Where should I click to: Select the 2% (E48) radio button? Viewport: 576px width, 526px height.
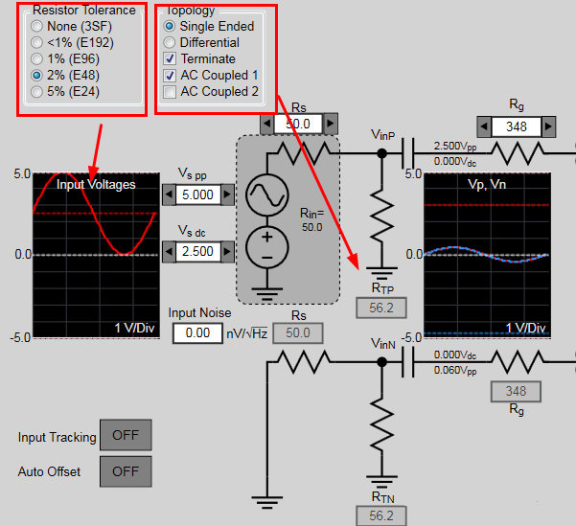click(36, 75)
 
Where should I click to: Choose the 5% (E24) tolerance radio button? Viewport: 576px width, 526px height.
click(36, 92)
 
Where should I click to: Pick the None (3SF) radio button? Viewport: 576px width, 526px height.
click(36, 26)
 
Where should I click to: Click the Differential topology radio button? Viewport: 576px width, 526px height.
click(170, 42)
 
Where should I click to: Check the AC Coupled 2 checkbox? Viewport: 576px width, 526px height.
click(170, 92)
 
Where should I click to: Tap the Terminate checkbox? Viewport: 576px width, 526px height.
click(170, 58)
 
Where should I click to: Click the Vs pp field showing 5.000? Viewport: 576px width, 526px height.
click(198, 194)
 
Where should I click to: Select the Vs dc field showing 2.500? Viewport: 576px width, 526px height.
click(198, 252)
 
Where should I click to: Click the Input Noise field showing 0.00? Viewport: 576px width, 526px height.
click(197, 332)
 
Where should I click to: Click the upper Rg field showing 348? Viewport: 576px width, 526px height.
click(515, 126)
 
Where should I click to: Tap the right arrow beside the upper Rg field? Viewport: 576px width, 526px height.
click(548, 126)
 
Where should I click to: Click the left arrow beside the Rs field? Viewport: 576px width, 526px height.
click(265, 124)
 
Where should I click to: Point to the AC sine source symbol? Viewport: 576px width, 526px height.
click(265, 195)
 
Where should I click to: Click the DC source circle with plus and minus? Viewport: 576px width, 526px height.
click(265, 246)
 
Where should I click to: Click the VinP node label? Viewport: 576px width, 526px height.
click(383, 136)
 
